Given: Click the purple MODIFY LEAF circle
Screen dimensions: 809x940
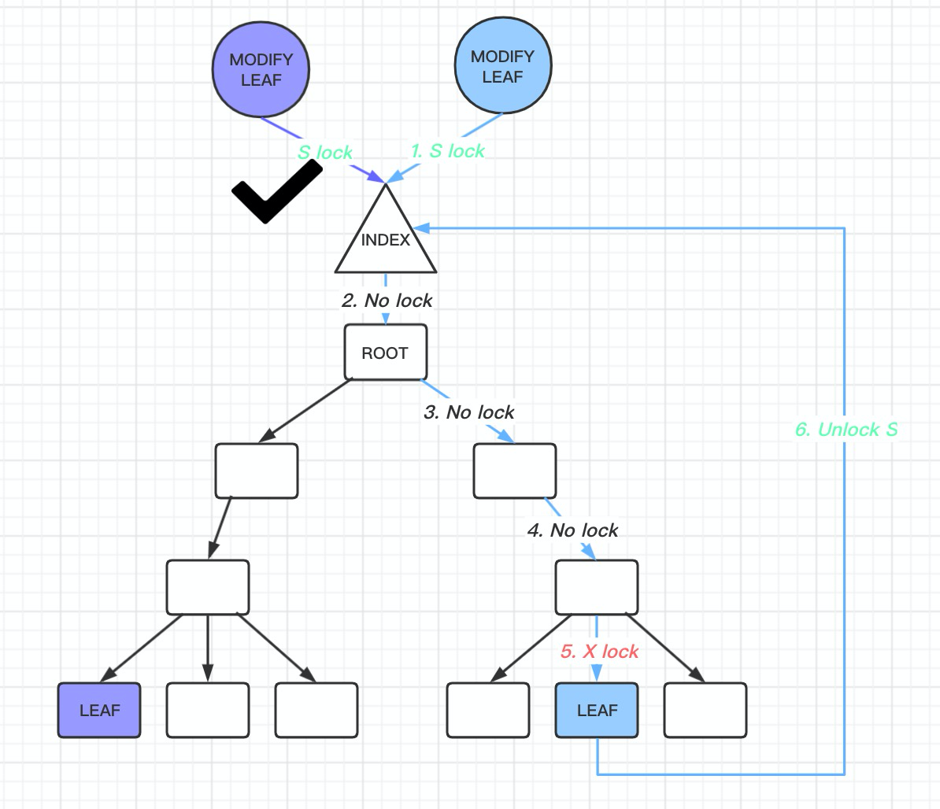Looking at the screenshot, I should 261,70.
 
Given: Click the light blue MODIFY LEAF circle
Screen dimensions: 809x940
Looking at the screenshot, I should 503,67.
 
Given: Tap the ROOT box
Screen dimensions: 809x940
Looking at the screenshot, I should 386,353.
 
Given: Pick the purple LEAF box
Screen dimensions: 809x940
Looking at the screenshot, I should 99,710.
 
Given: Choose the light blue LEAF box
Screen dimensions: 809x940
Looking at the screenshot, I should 597,710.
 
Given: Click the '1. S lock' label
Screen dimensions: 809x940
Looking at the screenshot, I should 448,151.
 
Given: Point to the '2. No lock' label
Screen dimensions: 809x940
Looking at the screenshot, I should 387,301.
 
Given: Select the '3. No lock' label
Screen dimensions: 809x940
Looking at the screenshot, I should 468,412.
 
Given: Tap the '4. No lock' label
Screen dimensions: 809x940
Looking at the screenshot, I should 572,530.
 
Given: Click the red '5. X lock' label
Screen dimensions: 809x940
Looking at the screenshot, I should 599,652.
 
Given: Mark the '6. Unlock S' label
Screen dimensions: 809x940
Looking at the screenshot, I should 846,430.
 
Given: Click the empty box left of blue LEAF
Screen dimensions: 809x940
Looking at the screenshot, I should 488,710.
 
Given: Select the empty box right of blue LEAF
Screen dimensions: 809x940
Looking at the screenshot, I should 705,710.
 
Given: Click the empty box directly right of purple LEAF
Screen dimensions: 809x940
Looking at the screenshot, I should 208,710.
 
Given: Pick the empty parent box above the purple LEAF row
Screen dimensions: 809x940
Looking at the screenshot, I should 208,587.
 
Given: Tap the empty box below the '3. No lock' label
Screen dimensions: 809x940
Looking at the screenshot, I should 515,471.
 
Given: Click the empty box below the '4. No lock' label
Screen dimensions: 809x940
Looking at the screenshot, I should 597,587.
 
